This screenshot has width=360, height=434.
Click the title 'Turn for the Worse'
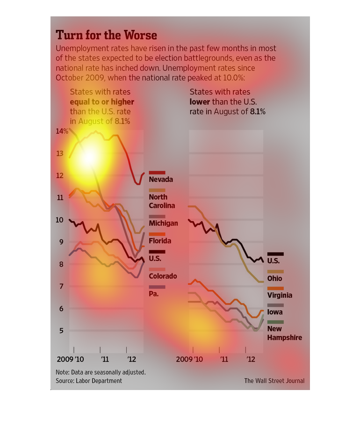point(106,35)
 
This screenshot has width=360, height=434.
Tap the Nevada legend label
point(161,180)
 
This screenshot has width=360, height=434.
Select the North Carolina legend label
point(162,202)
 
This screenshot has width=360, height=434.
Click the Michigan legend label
point(163,224)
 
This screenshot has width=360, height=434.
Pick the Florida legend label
point(160,241)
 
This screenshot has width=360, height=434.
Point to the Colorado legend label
point(163,276)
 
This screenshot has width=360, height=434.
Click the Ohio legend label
point(274,279)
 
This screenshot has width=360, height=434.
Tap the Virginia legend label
point(280,295)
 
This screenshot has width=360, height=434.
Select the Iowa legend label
point(274,312)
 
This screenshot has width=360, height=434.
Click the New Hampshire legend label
point(284,333)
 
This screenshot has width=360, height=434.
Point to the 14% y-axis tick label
point(62,131)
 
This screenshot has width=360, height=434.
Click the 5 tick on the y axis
point(60,331)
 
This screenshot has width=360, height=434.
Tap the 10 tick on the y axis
point(60,220)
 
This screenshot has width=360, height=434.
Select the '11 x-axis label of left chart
point(105,360)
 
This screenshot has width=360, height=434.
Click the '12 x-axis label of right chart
point(251,360)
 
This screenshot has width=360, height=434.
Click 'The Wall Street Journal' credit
point(274,381)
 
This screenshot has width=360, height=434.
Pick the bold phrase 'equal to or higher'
point(102,102)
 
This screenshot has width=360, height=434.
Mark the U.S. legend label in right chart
point(274,261)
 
